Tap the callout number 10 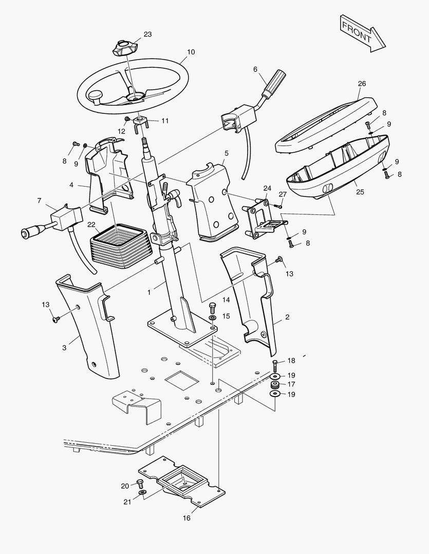point(191,52)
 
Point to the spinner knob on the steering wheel point(96,95)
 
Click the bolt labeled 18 point(275,366)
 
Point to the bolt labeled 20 point(139,483)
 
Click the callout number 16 point(186,518)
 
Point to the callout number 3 point(64,348)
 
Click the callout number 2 point(287,317)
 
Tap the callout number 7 point(39,201)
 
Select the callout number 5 point(227,153)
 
